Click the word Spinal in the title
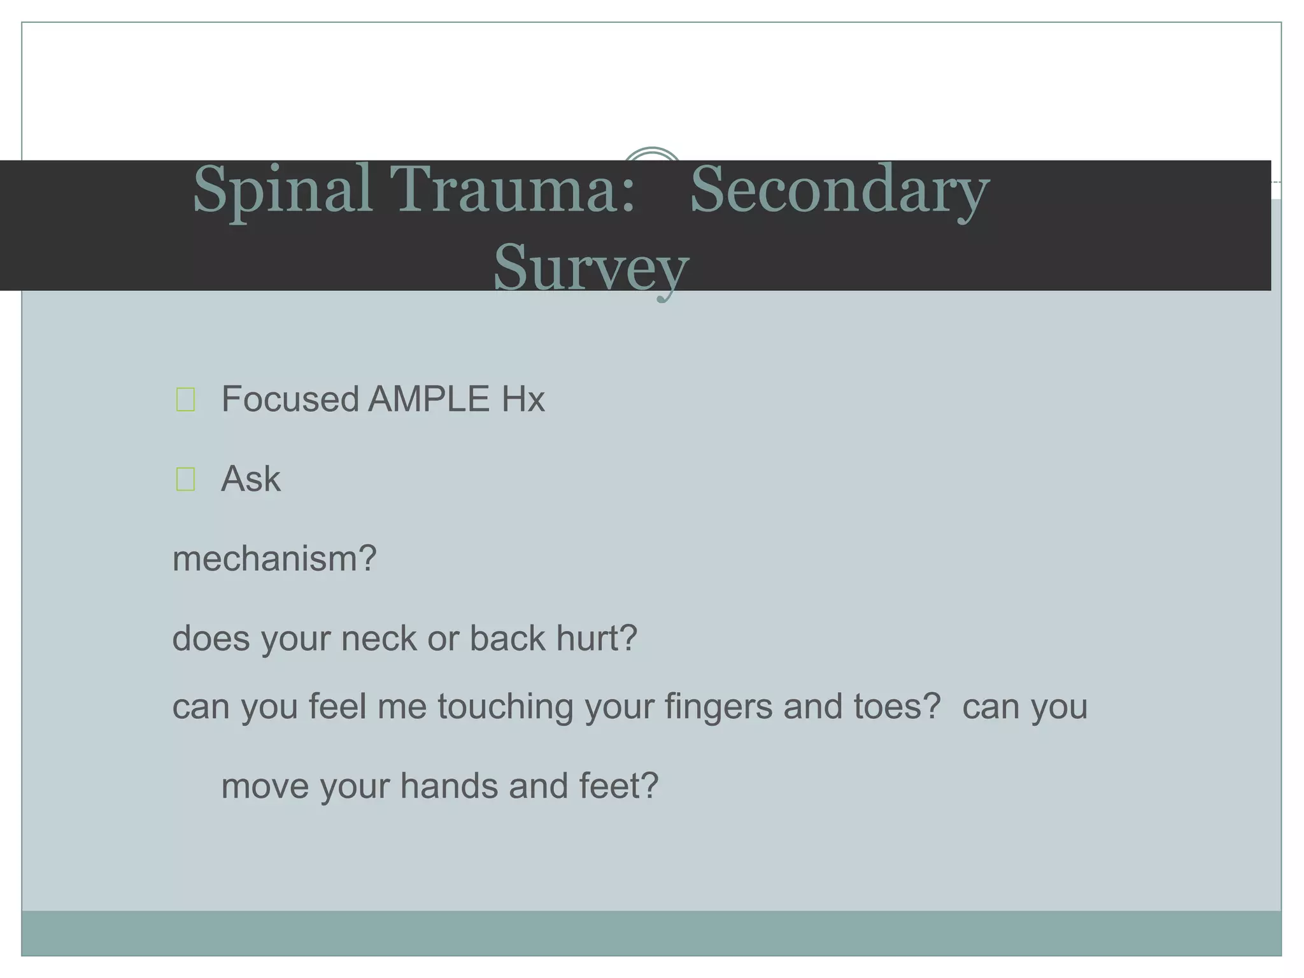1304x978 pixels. (282, 191)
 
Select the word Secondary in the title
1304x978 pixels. (839, 191)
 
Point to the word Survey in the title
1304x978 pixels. (591, 267)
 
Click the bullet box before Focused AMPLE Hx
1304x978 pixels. (185, 400)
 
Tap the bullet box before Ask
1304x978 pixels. (185, 479)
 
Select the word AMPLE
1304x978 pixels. (429, 399)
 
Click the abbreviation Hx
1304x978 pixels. (523, 399)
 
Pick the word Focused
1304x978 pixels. (290, 399)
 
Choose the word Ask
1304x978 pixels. (250, 479)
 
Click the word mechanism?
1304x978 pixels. (274, 558)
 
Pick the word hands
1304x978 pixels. (449, 786)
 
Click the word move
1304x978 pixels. (265, 786)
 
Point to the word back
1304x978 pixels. (507, 638)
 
